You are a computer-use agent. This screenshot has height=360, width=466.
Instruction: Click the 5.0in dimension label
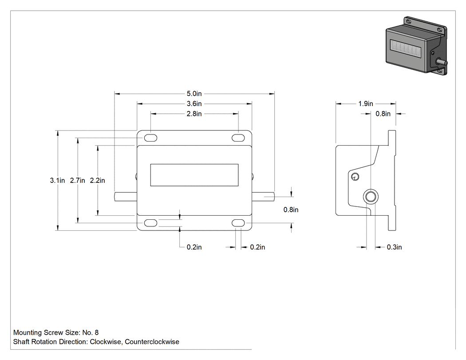point(194,94)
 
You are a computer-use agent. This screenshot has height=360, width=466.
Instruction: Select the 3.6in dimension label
point(194,104)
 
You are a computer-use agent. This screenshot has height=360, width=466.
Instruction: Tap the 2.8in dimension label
point(194,114)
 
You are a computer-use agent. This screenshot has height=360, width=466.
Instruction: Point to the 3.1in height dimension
point(57,181)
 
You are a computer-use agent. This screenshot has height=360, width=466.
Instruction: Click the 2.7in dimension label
point(78,181)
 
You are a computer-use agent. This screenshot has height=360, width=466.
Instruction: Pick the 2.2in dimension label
point(98,181)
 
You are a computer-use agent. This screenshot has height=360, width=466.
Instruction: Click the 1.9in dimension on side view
point(366,104)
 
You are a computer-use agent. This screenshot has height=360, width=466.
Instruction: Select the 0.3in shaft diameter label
point(395,247)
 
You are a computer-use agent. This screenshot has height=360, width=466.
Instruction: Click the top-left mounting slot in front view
point(150,138)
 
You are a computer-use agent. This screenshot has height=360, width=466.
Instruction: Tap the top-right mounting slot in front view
point(238,138)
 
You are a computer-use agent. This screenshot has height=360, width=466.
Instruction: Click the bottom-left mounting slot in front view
point(150,223)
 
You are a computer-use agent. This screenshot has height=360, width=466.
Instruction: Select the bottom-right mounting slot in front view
point(238,223)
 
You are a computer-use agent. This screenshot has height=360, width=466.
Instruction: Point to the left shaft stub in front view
point(126,197)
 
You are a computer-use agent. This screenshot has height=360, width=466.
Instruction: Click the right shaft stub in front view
point(263,197)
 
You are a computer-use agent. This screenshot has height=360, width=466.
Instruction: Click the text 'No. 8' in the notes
point(91,332)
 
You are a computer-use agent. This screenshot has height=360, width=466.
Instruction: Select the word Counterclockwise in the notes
point(152,342)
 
